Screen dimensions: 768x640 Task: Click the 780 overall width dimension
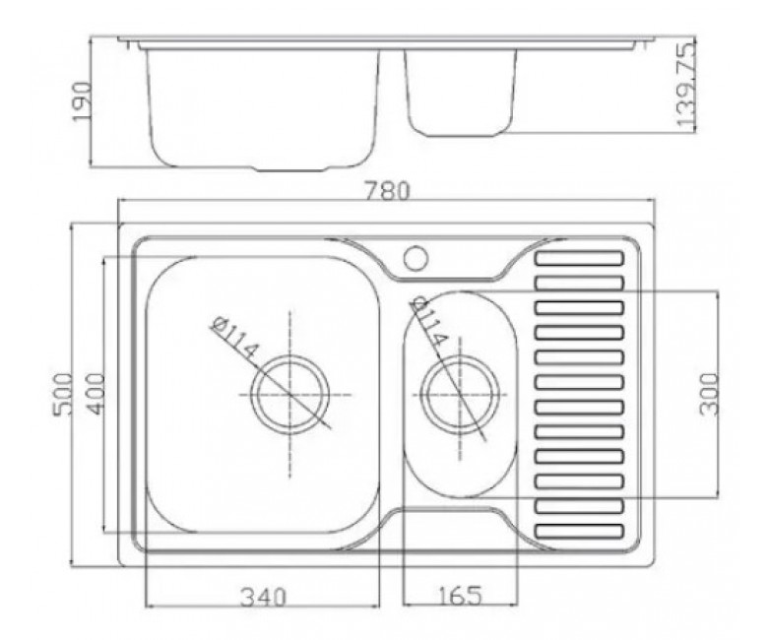(x=387, y=190)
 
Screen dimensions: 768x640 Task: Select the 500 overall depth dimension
(x=63, y=394)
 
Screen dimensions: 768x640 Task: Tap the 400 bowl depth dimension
(x=96, y=394)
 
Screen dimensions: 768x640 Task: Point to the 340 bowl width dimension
(x=263, y=598)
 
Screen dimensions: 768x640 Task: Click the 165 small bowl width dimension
(x=460, y=596)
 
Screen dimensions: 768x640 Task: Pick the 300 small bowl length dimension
(x=709, y=394)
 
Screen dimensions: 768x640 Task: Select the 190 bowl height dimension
(x=82, y=101)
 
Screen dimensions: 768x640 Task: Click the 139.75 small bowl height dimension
(x=685, y=85)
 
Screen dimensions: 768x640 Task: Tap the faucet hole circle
(x=416, y=258)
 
